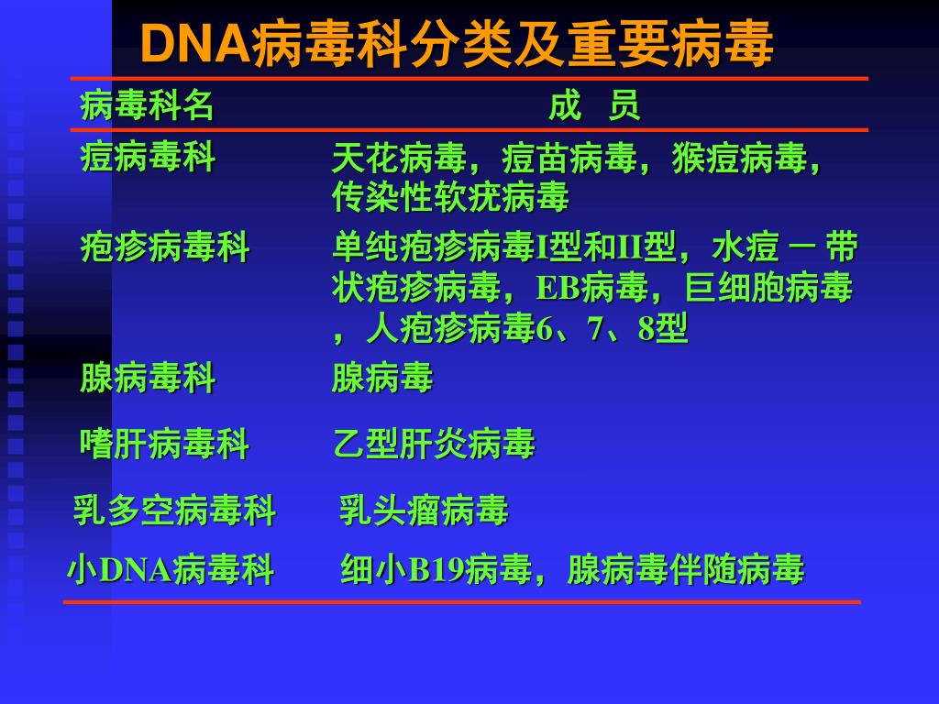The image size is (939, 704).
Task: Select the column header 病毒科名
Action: click(148, 106)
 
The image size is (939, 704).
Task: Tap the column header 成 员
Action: click(594, 106)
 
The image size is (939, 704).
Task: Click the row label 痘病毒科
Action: click(148, 158)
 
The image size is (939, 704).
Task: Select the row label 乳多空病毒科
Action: click(174, 510)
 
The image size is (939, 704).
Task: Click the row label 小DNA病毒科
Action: click(171, 569)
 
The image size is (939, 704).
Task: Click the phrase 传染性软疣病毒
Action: click(450, 196)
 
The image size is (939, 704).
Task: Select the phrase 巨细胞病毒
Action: click(768, 288)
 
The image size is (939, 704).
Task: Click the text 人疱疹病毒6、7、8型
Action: click(526, 328)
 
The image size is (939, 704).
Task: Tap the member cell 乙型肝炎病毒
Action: click(433, 445)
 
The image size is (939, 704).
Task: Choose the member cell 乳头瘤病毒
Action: click(424, 510)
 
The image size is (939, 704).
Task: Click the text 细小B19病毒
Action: click(436, 569)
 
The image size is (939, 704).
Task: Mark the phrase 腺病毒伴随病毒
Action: click(686, 569)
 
